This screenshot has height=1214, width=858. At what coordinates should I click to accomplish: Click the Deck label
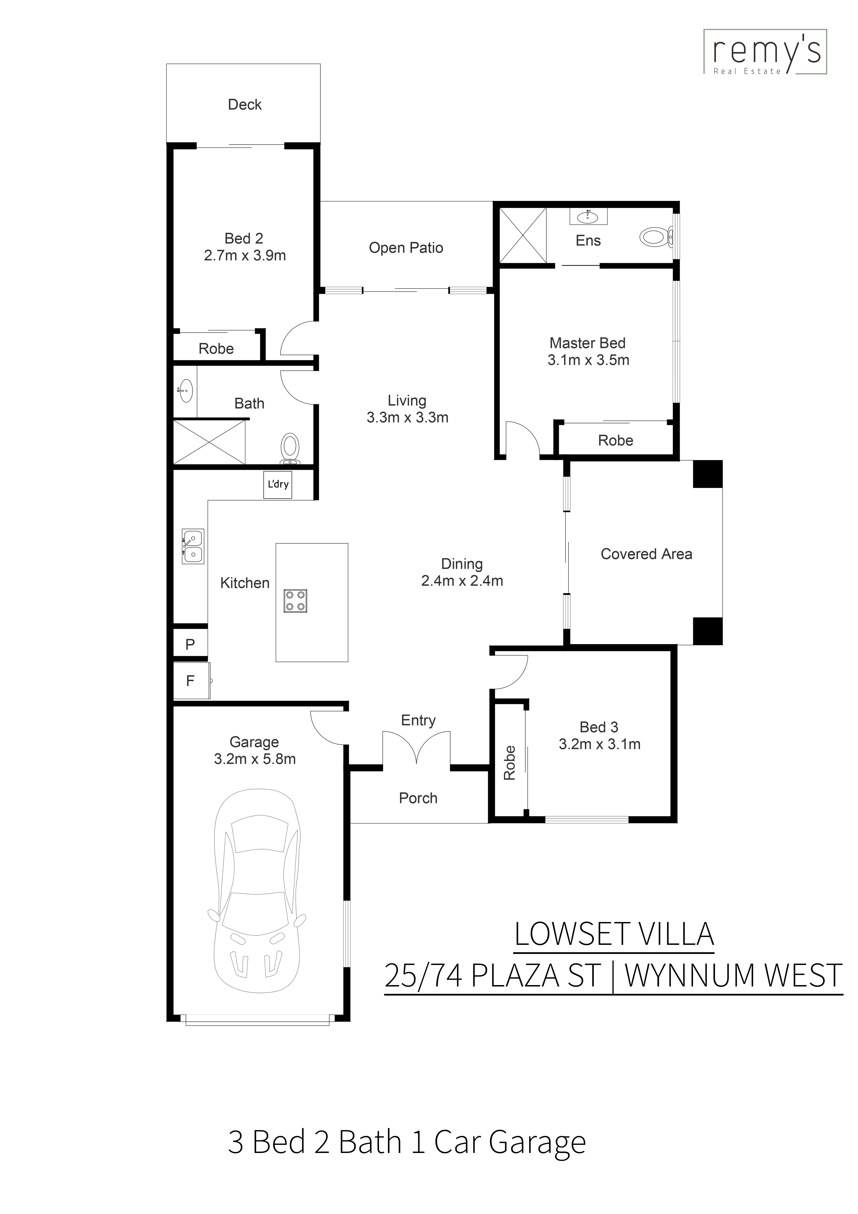245,105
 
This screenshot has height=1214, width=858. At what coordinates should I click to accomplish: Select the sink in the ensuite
588,216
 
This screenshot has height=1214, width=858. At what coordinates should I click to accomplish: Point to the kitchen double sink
193,546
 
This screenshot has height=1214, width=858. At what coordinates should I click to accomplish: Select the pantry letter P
190,644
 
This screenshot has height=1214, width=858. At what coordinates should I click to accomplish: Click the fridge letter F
190,681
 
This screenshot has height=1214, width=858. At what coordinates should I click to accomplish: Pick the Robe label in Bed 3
509,763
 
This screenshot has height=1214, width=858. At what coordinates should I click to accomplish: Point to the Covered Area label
646,554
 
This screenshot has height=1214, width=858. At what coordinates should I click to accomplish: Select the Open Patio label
406,248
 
